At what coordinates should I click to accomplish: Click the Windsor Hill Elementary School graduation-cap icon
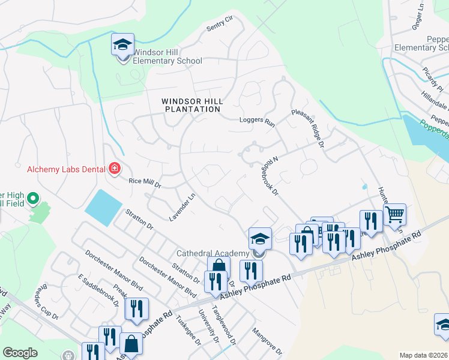click(122, 45)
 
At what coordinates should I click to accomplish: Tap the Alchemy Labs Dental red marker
click(115, 169)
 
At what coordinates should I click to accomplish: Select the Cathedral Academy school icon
click(259, 239)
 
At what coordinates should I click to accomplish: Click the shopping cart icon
click(394, 214)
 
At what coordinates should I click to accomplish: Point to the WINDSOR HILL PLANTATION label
click(191, 106)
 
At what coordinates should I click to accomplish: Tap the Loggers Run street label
click(256, 121)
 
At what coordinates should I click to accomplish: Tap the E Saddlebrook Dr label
click(98, 289)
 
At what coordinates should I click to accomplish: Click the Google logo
click(20, 353)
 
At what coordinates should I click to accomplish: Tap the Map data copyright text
click(423, 355)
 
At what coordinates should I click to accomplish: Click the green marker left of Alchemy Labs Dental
click(34, 197)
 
